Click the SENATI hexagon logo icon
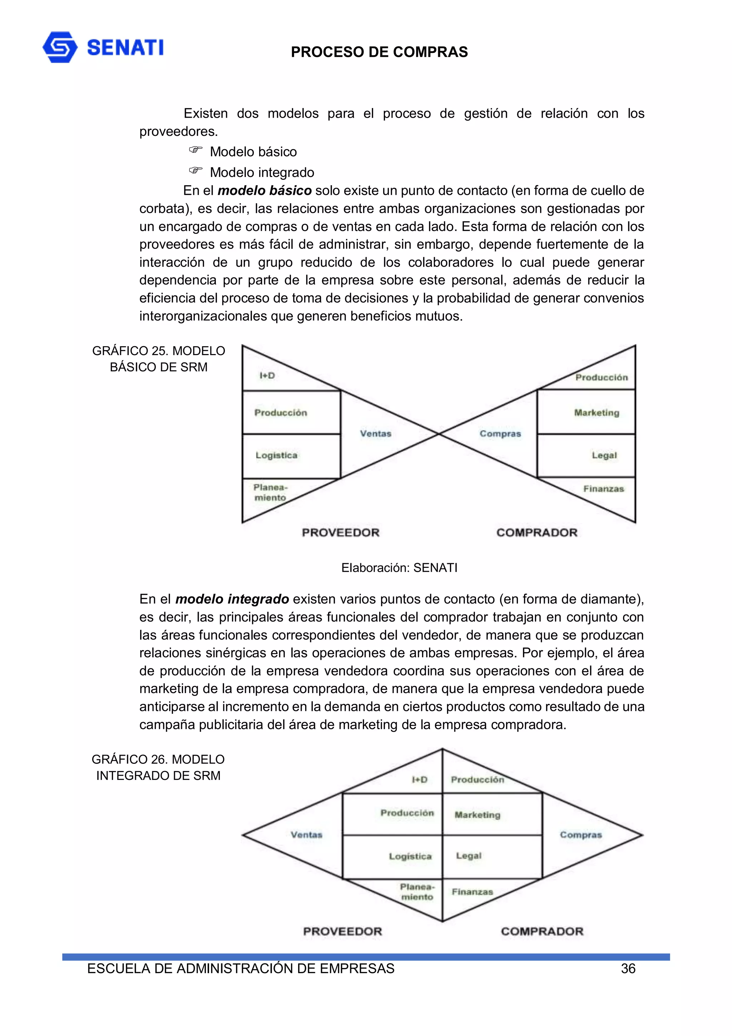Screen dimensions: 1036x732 click(x=60, y=47)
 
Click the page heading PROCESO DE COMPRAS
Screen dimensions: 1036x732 click(x=379, y=52)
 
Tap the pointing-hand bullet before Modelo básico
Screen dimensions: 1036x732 click(x=195, y=150)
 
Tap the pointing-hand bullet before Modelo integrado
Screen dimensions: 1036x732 click(x=195, y=171)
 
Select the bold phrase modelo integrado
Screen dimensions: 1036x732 click(x=232, y=599)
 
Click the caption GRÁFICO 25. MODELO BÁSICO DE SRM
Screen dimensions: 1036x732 click(x=158, y=359)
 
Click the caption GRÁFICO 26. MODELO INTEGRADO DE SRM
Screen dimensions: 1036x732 click(x=158, y=767)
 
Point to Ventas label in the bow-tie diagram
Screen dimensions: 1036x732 click(x=375, y=434)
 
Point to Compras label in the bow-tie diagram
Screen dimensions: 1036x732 click(x=500, y=434)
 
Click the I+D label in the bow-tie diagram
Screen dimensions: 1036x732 click(x=267, y=375)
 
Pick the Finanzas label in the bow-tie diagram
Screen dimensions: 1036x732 click(x=603, y=488)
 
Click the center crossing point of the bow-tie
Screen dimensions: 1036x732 click(x=439, y=434)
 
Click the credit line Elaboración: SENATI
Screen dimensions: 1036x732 click(x=399, y=568)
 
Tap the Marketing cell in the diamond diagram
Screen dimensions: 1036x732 click(x=477, y=815)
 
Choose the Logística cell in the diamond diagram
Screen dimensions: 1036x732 click(x=410, y=856)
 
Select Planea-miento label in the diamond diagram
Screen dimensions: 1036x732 click(x=417, y=892)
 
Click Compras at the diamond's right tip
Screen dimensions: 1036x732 click(x=580, y=835)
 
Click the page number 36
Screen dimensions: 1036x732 click(x=628, y=969)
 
